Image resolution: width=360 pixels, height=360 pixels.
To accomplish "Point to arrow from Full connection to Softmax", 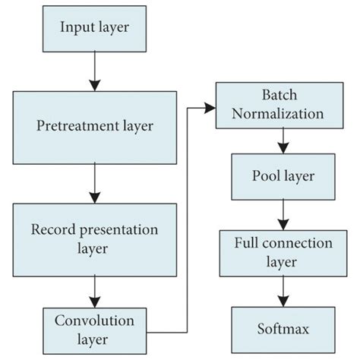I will [x=281, y=292].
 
